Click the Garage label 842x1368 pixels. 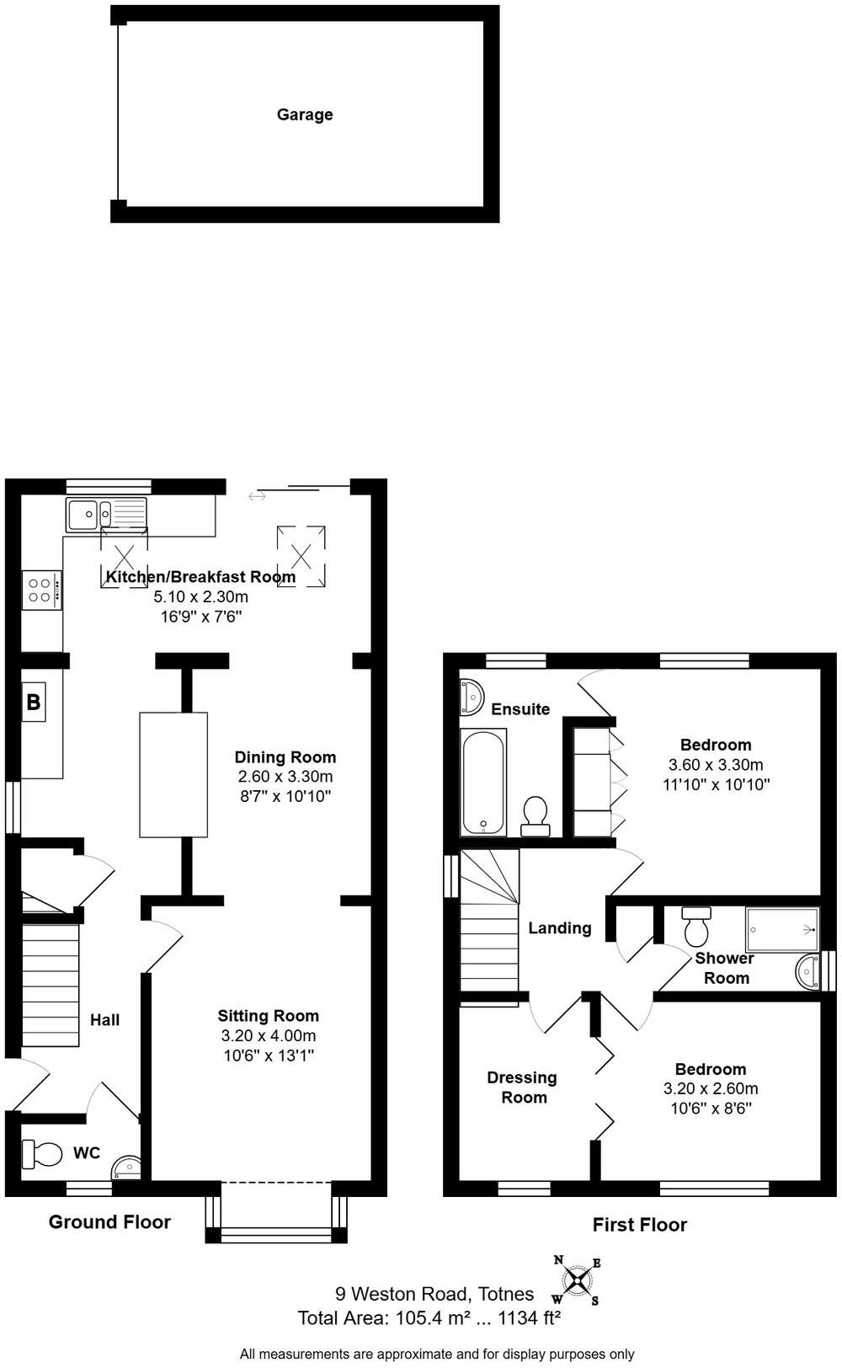coord(305,115)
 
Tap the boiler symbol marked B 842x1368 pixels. coord(34,702)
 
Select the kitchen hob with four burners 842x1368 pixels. coord(42,590)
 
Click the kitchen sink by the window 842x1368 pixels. coord(106,514)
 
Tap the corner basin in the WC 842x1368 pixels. coord(127,1168)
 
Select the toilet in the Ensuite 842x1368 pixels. coord(536,816)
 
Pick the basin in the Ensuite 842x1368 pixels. coord(471,697)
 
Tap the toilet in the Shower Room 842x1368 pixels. coord(696,926)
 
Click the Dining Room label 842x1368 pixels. coord(285,757)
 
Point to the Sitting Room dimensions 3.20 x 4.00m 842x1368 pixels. coord(269,1035)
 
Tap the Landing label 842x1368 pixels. coord(560,928)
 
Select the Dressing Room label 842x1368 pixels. coord(523,1087)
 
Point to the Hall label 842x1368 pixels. coord(105,1020)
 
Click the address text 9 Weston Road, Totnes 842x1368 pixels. coord(434,1294)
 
